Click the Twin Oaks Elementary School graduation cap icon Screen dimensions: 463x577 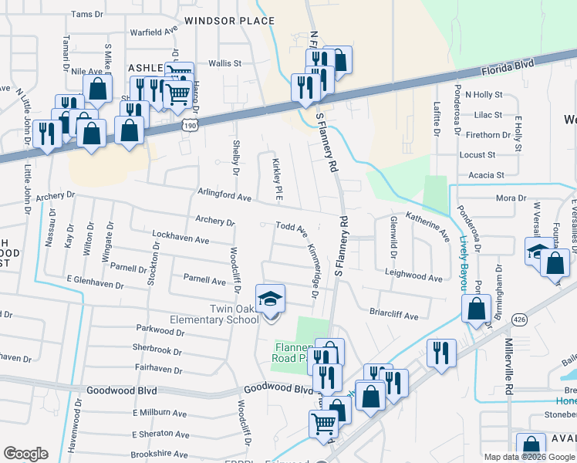pyautogui.click(x=270, y=299)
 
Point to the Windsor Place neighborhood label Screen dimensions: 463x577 pyautogui.click(x=219, y=21)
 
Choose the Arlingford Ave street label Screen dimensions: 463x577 pyautogui.click(x=224, y=197)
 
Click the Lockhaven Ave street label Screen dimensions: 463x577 pyautogui.click(x=181, y=240)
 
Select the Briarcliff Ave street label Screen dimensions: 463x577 pyautogui.click(x=393, y=316)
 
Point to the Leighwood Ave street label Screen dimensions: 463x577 pyautogui.click(x=413, y=277)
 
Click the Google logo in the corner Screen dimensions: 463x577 pyautogui.click(x=25, y=454)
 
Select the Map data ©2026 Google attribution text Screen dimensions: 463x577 pyautogui.click(x=529, y=457)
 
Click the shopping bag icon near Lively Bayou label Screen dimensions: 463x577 pyautogui.click(x=477, y=308)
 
